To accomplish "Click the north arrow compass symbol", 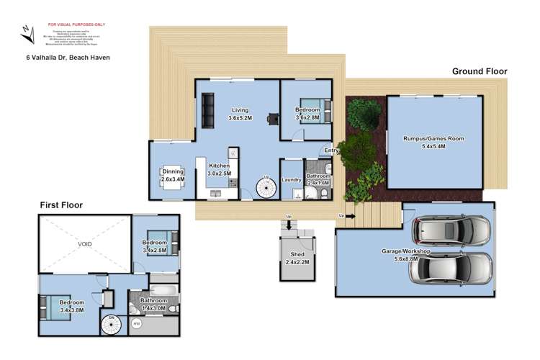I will pyautogui.click(x=26, y=33).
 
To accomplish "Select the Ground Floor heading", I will pyautogui.click(x=480, y=71).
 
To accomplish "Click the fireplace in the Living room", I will pyautogui.click(x=272, y=120).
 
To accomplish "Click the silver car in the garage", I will pyautogui.click(x=454, y=268).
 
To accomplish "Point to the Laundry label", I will pyautogui.click(x=291, y=180).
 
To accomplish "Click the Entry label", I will pyautogui.click(x=331, y=150).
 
